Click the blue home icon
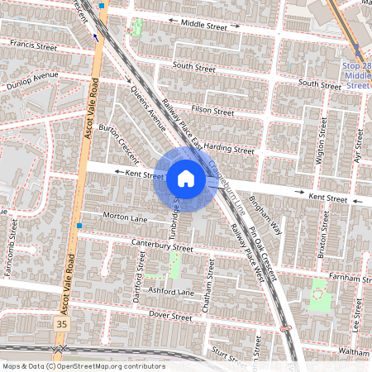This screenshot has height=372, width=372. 185,179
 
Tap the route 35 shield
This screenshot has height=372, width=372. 61,325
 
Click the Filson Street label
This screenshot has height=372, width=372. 212,110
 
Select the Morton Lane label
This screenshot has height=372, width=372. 124,217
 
